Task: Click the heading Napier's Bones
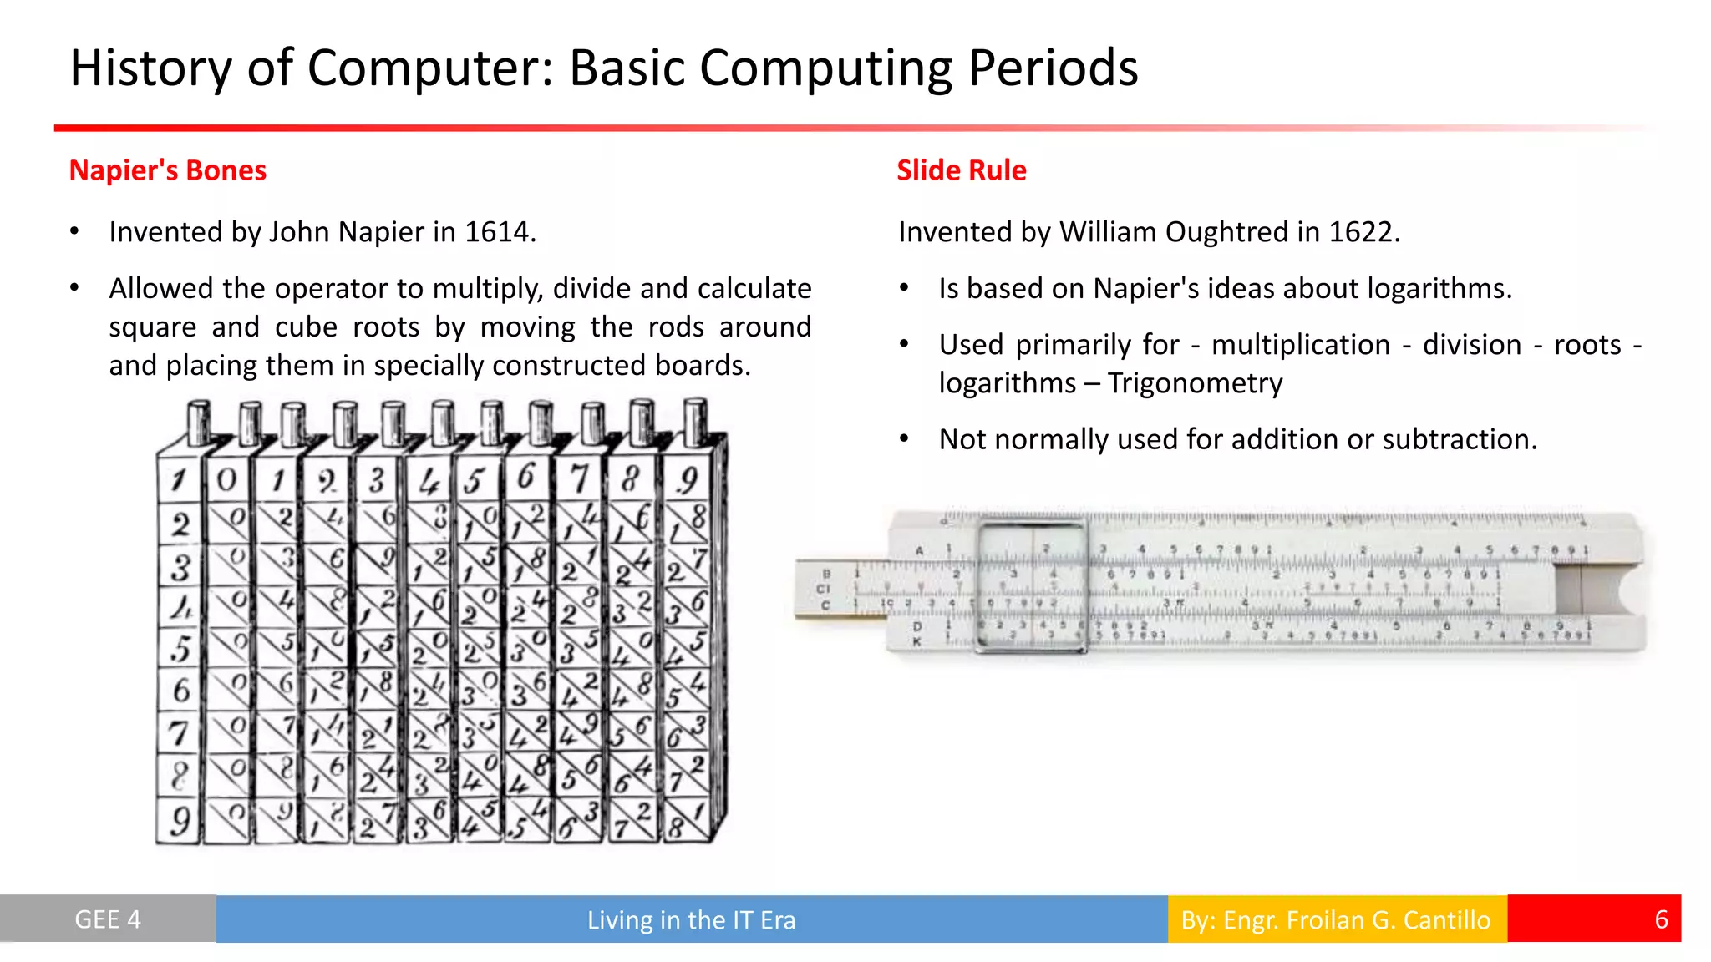pos(167,170)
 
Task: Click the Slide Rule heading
pos(961,170)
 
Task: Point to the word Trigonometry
pos(1195,383)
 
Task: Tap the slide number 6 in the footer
pos(1661,919)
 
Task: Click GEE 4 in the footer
pos(108,919)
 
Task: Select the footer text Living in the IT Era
pos(691,919)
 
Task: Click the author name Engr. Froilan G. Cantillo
pos(1357,919)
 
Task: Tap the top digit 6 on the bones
pos(525,478)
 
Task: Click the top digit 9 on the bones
pos(687,479)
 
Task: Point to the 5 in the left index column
pos(180,649)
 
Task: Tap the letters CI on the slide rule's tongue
pos(824,589)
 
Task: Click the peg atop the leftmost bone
pos(199,423)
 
